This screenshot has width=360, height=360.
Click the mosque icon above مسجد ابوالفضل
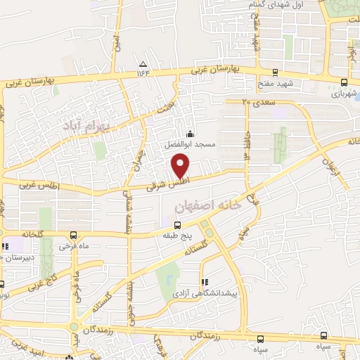189,134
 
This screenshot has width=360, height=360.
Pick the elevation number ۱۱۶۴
144,73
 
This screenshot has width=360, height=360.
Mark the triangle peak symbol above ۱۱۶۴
144,64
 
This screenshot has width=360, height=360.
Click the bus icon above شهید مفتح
275,72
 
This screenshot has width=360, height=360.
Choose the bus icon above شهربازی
344,81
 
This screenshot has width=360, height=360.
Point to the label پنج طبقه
176,237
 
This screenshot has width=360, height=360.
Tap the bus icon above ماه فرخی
73,236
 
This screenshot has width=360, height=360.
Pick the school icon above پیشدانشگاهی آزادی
204,279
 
